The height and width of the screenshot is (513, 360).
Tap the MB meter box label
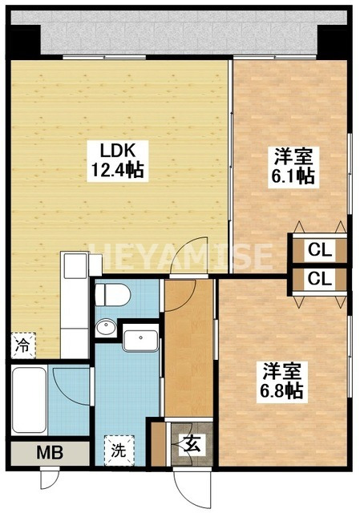[x=49, y=453]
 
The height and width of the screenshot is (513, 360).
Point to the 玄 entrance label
[x=193, y=442]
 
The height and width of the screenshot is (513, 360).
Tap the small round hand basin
[x=105, y=328]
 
